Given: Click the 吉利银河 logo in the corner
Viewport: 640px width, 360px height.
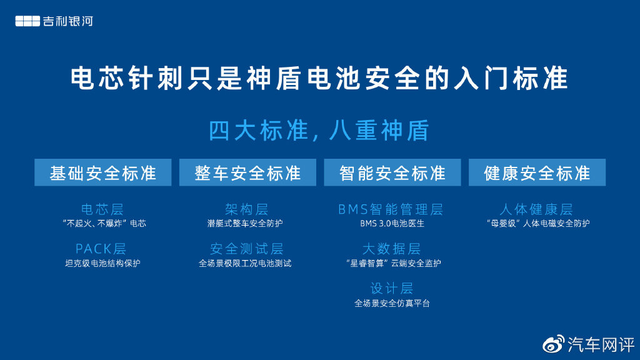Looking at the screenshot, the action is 54,21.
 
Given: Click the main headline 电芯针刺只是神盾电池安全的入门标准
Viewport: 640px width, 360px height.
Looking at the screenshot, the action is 319,78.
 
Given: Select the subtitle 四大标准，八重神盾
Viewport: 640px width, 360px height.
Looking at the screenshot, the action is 319,131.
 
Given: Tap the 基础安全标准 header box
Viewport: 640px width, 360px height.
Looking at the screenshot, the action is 103,172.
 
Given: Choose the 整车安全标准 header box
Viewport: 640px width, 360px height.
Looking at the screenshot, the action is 247,172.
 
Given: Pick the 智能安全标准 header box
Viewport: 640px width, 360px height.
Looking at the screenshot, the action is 392,172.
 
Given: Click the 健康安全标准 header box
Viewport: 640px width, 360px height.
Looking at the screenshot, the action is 537,172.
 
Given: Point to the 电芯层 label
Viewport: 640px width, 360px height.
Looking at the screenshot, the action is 102,209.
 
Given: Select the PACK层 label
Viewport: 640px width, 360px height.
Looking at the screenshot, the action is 101,249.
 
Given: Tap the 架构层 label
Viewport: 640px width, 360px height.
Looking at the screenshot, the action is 246,209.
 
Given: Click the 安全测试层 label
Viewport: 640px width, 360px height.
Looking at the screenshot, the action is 246,249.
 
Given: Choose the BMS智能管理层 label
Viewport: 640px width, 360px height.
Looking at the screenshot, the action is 391,209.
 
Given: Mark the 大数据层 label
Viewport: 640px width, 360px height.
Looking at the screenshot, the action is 391,249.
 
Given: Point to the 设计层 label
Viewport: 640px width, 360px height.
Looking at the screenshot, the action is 392,288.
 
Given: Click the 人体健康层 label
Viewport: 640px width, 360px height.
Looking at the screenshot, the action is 536,209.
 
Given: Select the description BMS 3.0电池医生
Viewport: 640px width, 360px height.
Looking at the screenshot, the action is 392,224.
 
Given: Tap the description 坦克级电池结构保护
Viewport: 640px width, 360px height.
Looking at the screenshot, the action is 102,263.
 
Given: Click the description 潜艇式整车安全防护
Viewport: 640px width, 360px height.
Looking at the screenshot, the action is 245,223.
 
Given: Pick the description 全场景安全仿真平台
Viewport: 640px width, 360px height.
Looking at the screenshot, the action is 392,303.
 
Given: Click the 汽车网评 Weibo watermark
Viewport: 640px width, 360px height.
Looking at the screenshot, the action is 589,345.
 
